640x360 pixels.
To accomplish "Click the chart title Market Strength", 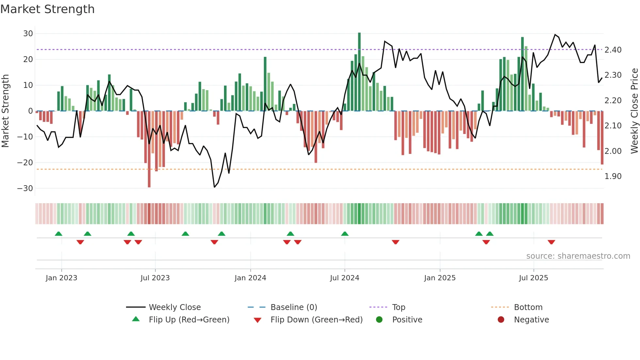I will click(47, 9).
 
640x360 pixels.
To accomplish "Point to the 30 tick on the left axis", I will click(28, 34).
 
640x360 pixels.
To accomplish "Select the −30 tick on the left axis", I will click(25, 188).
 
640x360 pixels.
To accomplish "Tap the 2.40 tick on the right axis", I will click(613, 50).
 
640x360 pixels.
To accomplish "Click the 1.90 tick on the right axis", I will click(613, 176).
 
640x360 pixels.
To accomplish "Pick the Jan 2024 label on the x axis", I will click(250, 278).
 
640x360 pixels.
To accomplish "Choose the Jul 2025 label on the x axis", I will click(533, 278).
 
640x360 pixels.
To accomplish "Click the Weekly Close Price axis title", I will click(634, 111).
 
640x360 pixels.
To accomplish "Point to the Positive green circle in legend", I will click(379, 320).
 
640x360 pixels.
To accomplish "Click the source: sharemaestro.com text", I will click(578, 256).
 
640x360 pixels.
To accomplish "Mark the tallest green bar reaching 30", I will click(359, 72).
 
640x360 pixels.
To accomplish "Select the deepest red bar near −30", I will click(149, 149).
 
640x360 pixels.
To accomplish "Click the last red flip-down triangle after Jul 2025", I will click(551, 242).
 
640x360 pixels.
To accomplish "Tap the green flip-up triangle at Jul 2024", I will click(345, 234).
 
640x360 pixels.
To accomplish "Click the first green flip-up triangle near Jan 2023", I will click(58, 234).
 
